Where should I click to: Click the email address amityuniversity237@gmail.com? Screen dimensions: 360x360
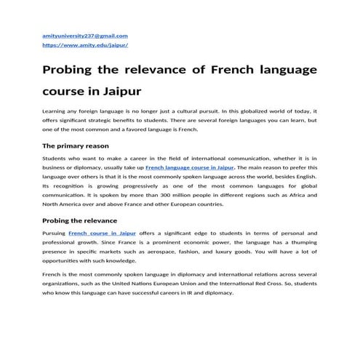[86, 36]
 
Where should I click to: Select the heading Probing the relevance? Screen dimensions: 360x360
[79, 220]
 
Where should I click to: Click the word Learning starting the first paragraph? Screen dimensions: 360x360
[55, 110]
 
